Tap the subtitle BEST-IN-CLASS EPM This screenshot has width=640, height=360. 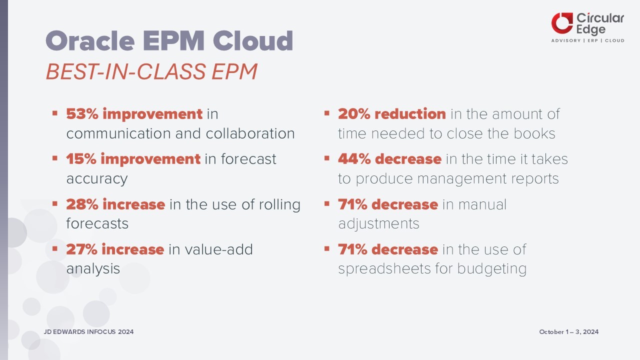click(151, 71)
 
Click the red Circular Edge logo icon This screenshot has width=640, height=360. click(562, 23)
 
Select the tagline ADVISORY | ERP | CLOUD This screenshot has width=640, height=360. click(587, 40)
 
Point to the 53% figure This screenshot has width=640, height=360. click(82, 114)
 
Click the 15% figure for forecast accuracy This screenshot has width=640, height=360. click(81, 159)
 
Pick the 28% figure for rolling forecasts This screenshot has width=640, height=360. click(82, 204)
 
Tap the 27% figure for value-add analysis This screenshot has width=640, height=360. click(81, 249)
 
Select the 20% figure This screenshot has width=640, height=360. click(354, 114)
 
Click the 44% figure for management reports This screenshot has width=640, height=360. click(354, 159)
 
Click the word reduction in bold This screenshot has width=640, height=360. click(410, 114)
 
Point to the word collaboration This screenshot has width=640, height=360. click(250, 133)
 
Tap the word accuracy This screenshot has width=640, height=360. click(97, 179)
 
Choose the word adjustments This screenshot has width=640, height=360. click(379, 223)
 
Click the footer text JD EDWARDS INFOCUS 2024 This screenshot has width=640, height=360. click(88, 331)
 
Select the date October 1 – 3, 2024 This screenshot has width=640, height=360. click(569, 331)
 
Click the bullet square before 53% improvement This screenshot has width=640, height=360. click(55, 113)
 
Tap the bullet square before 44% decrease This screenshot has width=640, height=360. click(327, 158)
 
